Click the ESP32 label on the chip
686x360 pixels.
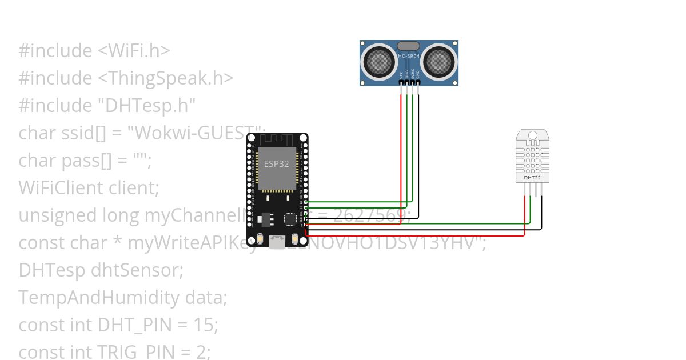pos(276,164)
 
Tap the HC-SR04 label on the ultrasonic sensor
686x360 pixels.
pos(409,56)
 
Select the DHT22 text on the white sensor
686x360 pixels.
pos(532,178)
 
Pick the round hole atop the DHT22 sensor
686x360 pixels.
pos(533,135)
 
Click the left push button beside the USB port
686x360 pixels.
pos(260,238)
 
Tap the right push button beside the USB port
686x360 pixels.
pos(295,238)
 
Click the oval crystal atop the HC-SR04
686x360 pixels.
pos(409,46)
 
